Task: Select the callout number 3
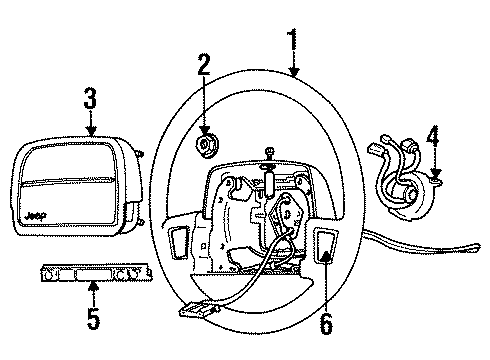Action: (90, 98)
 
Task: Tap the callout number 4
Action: (433, 134)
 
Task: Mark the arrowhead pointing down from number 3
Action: (90, 132)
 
